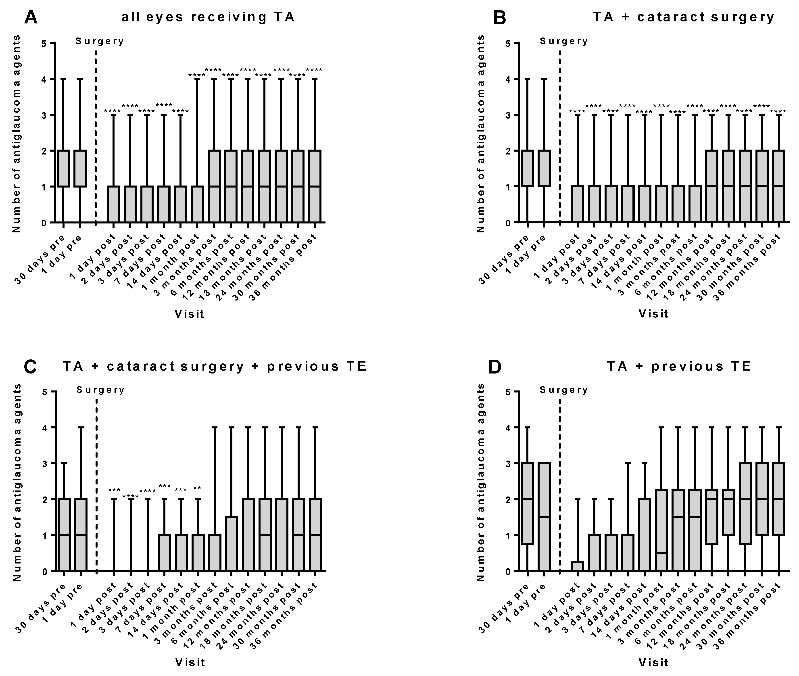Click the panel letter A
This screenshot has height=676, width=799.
tap(31, 17)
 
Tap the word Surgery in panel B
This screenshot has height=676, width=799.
tap(564, 41)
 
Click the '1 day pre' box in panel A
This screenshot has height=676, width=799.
tap(80, 168)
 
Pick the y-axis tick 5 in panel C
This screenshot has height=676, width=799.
tap(44, 392)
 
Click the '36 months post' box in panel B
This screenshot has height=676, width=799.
tap(779, 186)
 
